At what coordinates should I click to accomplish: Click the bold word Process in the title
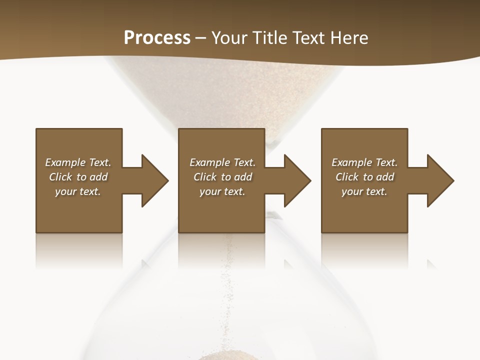pyautogui.click(x=157, y=37)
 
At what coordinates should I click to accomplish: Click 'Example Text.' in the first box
pyautogui.click(x=78, y=162)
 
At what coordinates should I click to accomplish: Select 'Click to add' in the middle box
pyautogui.click(x=222, y=177)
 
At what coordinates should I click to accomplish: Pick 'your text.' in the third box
pyautogui.click(x=364, y=191)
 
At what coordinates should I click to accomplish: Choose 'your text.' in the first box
pyautogui.click(x=78, y=191)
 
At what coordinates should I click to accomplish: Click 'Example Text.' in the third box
pyautogui.click(x=364, y=162)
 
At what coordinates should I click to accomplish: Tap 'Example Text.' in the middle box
pyautogui.click(x=222, y=162)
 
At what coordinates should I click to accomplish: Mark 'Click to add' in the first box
pyautogui.click(x=78, y=177)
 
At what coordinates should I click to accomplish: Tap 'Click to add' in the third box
pyautogui.click(x=364, y=177)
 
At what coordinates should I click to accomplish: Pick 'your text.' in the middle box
pyautogui.click(x=222, y=191)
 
